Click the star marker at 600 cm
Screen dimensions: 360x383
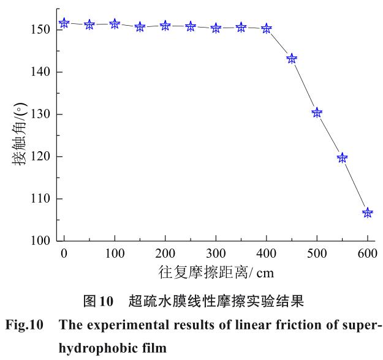[368, 213]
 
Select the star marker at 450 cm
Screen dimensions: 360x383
[292, 59]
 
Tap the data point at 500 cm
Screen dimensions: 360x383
[317, 113]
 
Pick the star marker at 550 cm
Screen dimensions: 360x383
[342, 158]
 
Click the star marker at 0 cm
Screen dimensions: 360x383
[64, 23]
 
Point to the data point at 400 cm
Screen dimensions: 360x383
[267, 28]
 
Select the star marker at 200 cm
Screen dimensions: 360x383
[165, 26]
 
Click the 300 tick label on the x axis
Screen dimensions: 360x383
[216, 254]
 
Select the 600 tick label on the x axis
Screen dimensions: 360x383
[367, 254]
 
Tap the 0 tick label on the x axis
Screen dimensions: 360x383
[64, 254]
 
